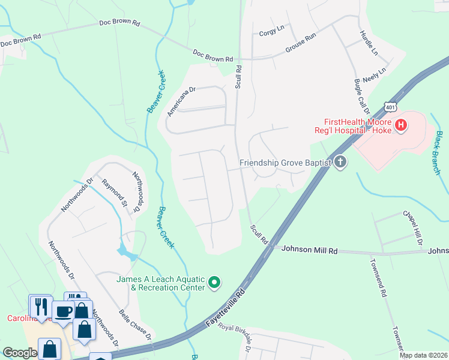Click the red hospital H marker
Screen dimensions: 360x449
click(402, 125)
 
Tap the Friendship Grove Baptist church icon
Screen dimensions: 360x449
click(340, 162)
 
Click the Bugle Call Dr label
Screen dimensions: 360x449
click(362, 96)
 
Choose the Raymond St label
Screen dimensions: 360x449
click(115, 193)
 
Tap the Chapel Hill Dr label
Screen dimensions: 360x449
click(412, 229)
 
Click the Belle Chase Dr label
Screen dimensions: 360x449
click(134, 325)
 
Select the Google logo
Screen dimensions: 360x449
click(20, 353)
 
